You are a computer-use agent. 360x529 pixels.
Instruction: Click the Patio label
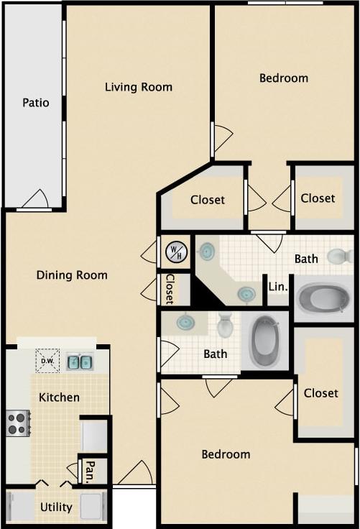click(x=36, y=103)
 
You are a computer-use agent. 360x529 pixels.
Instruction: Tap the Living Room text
click(x=139, y=87)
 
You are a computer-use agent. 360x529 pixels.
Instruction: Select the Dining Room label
click(x=72, y=275)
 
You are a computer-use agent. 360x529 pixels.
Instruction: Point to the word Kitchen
click(x=59, y=397)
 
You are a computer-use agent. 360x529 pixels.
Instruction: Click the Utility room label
click(x=56, y=507)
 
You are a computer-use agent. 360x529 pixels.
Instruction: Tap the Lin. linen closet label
click(x=278, y=286)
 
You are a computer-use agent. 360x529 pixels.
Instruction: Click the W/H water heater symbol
click(x=176, y=252)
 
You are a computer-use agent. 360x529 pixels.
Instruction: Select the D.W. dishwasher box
click(x=48, y=361)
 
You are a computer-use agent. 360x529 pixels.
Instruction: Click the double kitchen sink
click(x=80, y=362)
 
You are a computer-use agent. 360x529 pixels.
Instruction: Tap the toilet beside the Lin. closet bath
click(x=340, y=256)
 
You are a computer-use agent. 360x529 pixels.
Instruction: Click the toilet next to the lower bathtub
click(x=225, y=326)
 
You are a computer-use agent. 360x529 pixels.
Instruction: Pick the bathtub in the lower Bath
click(x=264, y=341)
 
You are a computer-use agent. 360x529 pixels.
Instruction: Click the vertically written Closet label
click(x=170, y=289)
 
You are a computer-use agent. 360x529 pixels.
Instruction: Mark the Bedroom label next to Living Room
click(x=283, y=78)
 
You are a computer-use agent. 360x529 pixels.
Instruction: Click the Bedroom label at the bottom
click(x=226, y=454)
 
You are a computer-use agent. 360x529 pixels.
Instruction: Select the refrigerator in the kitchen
click(x=94, y=436)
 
